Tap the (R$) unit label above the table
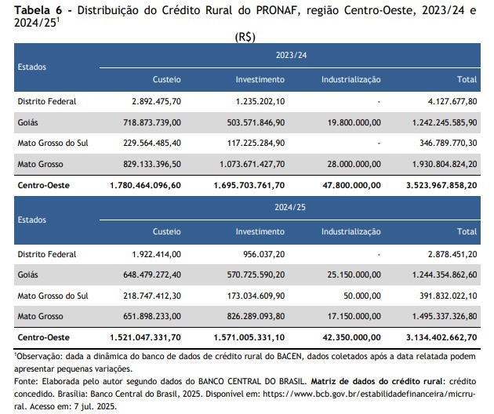pos(245,37)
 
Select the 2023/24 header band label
pos(291,55)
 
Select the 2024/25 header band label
pos(290,207)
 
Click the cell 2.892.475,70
pos(156,101)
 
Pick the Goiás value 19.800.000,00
pos(354,122)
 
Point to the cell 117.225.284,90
pos(256,143)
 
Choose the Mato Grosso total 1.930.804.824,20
pos(445,164)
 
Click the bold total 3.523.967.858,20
pos(441,185)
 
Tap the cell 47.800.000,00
pos(351,185)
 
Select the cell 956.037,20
pos(263,254)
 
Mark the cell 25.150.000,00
pos(354,274)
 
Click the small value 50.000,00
pos(362,296)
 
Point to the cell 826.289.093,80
pos(256,316)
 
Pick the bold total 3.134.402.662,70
pos(441,337)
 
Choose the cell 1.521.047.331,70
pos(145,337)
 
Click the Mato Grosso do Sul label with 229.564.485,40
pos(53,143)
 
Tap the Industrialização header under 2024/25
pos(351,232)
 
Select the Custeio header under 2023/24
pos(167,79)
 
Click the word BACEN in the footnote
pos(289,356)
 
